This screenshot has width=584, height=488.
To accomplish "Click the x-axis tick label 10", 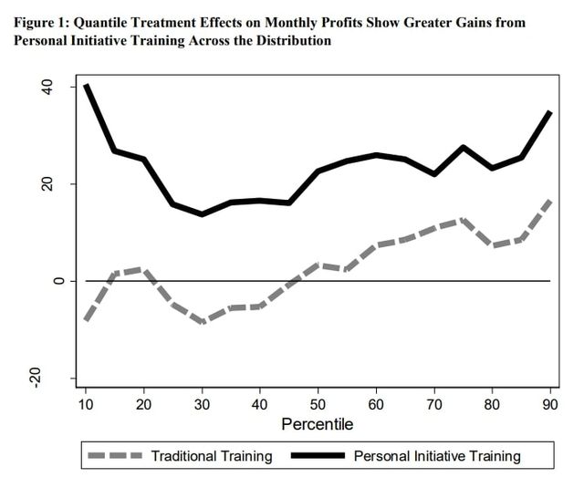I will click(x=87, y=405).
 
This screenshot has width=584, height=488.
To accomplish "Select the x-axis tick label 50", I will click(x=318, y=405).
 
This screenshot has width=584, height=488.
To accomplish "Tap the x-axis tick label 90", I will click(x=549, y=405).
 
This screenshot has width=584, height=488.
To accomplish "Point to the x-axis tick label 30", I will click(x=203, y=405).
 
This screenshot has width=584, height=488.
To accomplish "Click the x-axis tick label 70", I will click(x=434, y=405).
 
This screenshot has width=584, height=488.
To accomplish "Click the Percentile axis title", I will click(x=318, y=424).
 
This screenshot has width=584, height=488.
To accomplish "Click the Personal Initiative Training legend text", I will click(x=436, y=456).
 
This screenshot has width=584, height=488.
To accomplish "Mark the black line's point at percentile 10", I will click(x=87, y=86).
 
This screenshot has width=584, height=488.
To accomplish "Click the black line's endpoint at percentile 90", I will click(x=549, y=113).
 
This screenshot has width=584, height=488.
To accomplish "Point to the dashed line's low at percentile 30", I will click(x=203, y=322).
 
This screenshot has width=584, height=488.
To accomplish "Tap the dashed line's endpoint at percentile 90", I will click(x=549, y=200).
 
